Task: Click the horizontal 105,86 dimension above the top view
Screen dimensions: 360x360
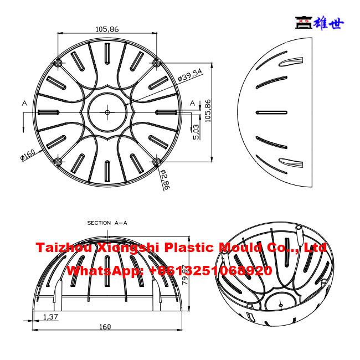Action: (x=107, y=29)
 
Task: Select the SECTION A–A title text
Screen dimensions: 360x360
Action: (x=107, y=223)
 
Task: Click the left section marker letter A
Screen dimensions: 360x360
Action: (x=24, y=103)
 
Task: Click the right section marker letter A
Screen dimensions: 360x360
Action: (x=192, y=103)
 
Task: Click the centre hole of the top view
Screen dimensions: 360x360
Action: (x=107, y=112)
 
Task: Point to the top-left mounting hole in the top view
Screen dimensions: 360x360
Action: (x=58, y=63)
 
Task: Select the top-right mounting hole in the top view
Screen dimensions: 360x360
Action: (x=156, y=63)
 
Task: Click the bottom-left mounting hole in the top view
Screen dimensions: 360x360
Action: (x=58, y=161)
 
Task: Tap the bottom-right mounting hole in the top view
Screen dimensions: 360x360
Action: (x=156, y=161)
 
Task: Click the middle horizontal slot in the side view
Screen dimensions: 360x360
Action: (x=272, y=112)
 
